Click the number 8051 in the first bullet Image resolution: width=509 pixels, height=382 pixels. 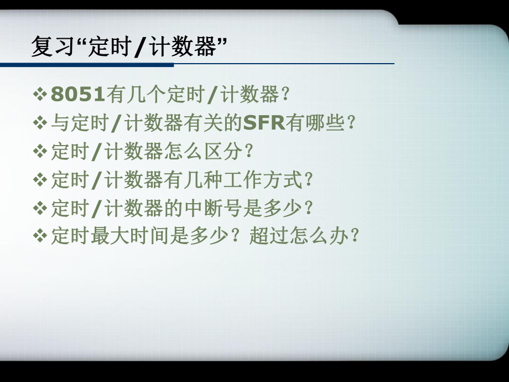[x=77, y=95]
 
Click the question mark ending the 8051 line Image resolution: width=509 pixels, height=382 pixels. [x=285, y=95]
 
